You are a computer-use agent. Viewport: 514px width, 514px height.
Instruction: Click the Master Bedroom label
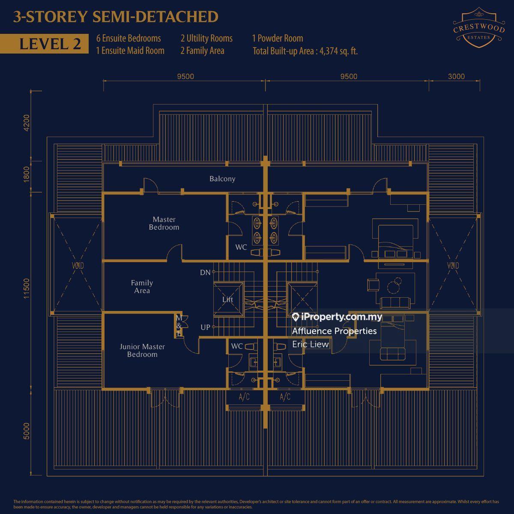pyautogui.click(x=164, y=224)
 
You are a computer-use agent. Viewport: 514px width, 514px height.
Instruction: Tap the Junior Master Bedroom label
pyautogui.click(x=142, y=350)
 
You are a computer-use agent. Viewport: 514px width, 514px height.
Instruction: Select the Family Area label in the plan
pyautogui.click(x=142, y=287)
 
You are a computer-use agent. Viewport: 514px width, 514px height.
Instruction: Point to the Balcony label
pyautogui.click(x=222, y=179)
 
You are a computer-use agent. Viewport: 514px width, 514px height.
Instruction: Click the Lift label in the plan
pyautogui.click(x=227, y=299)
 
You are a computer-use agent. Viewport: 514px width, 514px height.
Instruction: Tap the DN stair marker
pyautogui.click(x=205, y=272)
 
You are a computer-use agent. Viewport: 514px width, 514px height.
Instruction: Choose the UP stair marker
pyautogui.click(x=206, y=327)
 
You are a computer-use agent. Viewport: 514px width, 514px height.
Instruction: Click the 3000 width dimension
pyautogui.click(x=456, y=77)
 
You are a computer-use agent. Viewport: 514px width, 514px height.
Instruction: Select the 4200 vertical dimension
pyautogui.click(x=27, y=123)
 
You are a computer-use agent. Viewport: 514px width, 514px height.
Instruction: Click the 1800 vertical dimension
pyautogui.click(x=27, y=174)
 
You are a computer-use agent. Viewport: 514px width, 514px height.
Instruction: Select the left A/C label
pyautogui.click(x=244, y=397)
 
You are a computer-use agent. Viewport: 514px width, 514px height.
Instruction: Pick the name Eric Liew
pyautogui.click(x=311, y=344)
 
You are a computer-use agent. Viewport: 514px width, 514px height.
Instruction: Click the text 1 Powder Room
pyautogui.click(x=278, y=38)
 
